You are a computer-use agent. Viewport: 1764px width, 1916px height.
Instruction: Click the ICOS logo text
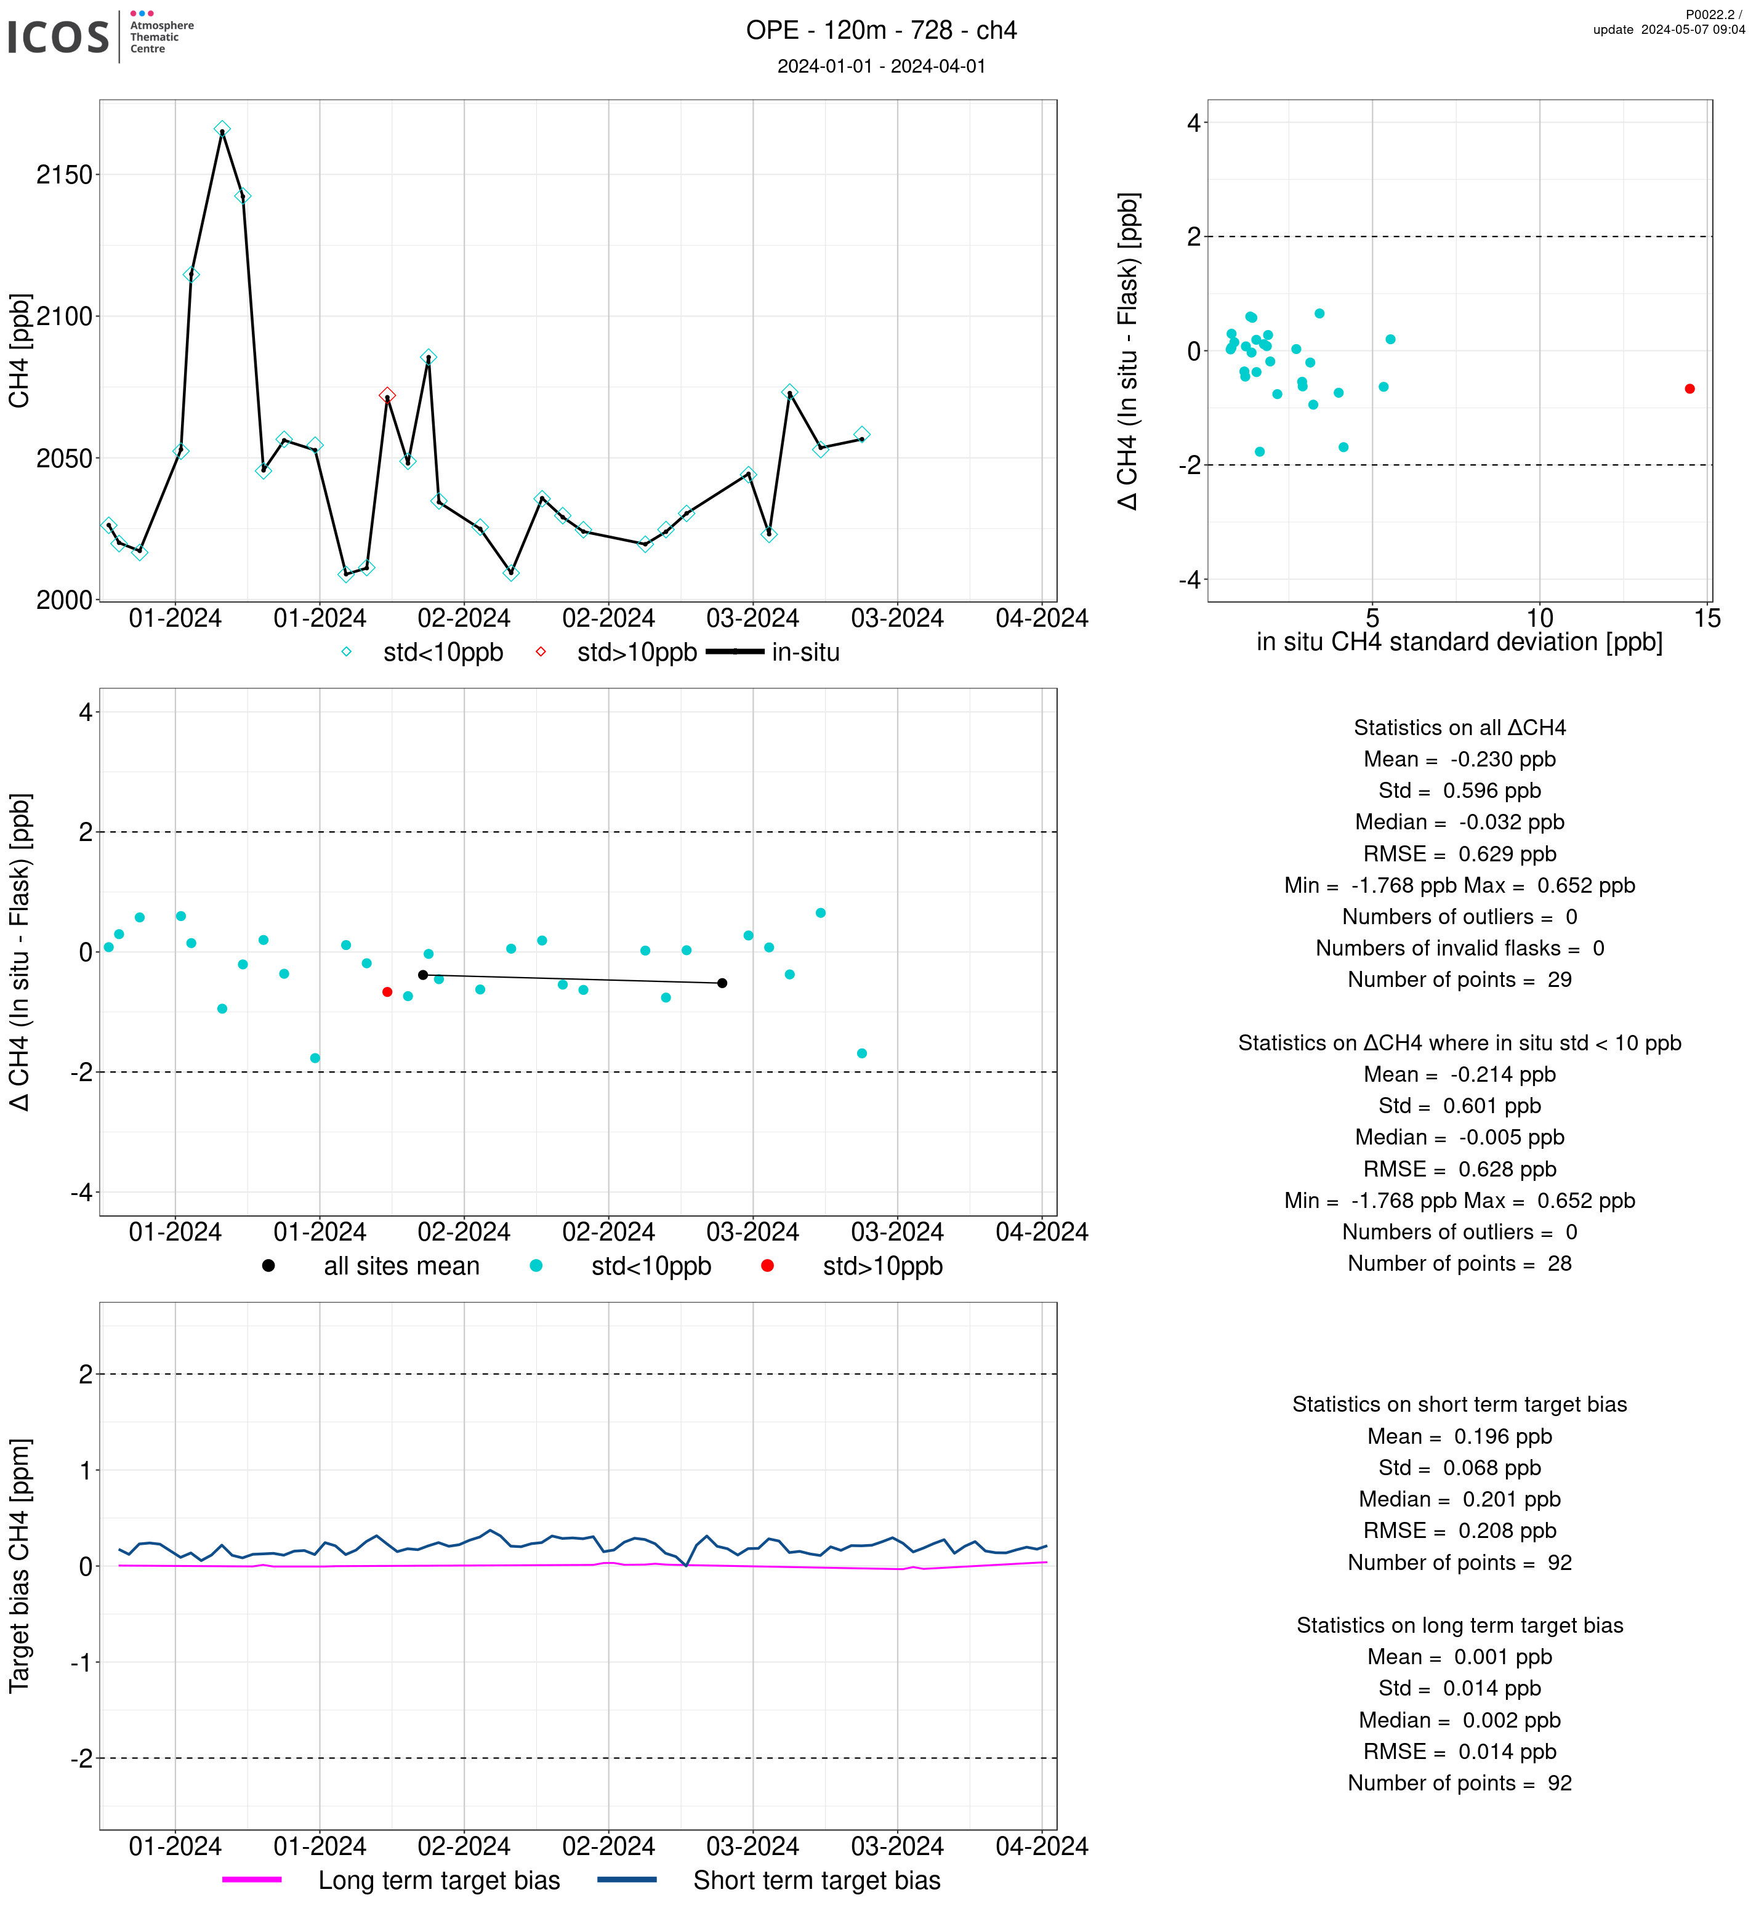tap(58, 37)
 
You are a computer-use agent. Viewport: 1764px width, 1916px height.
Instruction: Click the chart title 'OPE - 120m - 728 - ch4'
tap(881, 31)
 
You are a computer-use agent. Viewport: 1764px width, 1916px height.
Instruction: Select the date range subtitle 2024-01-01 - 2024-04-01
tap(881, 66)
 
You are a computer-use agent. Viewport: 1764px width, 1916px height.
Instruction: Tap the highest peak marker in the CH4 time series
tap(222, 129)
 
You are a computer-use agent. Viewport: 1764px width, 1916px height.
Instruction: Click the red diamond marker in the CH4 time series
tap(387, 395)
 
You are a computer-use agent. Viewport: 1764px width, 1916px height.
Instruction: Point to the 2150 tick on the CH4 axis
tap(64, 175)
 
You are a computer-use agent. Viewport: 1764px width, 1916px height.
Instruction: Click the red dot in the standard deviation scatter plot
tap(1689, 388)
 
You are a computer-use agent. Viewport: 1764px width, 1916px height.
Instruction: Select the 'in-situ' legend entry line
tap(735, 652)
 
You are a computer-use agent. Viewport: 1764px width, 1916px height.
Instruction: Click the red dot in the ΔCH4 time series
tap(387, 992)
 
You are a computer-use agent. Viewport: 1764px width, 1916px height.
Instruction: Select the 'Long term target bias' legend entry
tap(392, 1881)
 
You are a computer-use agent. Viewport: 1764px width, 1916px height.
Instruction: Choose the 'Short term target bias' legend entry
tap(770, 1881)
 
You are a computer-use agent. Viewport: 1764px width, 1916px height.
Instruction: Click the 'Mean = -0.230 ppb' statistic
tap(1459, 759)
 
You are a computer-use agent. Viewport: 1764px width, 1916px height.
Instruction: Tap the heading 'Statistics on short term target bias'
tap(1459, 1404)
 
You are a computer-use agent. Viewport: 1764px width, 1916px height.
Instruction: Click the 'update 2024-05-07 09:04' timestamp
tap(1669, 30)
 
